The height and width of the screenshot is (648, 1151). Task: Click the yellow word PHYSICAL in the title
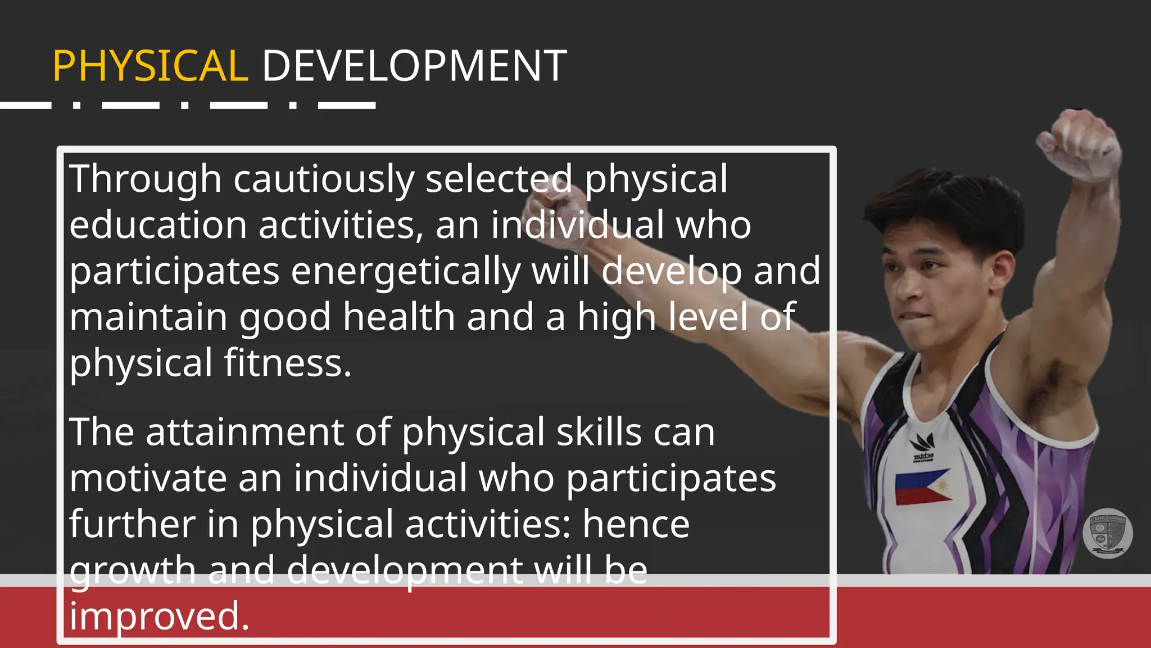click(x=150, y=66)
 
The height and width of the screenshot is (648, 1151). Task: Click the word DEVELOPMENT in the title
click(x=414, y=66)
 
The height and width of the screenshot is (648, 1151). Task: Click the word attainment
click(x=244, y=433)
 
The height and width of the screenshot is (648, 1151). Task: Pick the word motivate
click(x=148, y=479)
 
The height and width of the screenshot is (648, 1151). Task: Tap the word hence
click(x=636, y=524)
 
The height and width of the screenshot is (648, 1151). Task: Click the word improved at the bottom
click(x=159, y=616)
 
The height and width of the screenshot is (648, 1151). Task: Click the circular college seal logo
click(x=1107, y=533)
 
